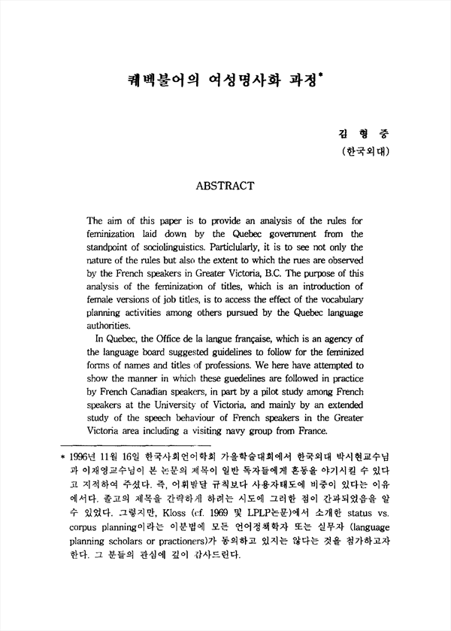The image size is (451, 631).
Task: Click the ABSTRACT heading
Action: tap(225, 184)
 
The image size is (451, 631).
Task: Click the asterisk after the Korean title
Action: tap(320, 73)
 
